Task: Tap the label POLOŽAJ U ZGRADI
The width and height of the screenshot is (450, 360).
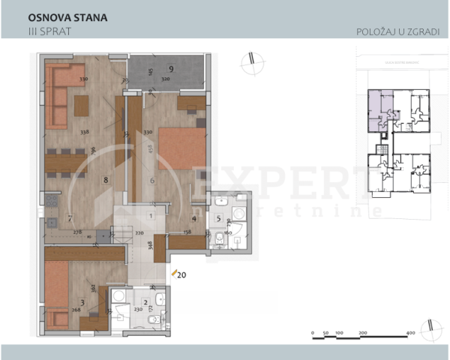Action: pos(398,32)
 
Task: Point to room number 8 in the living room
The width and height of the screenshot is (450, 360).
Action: pos(106,180)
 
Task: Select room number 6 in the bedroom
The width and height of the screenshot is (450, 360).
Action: pos(152,180)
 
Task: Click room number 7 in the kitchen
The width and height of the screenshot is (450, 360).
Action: pos(69,219)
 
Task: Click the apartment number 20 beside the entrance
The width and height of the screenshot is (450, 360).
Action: pos(182,274)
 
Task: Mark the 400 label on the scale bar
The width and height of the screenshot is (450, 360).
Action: pos(410,331)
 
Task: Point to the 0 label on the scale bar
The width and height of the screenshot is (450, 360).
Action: pos(313,331)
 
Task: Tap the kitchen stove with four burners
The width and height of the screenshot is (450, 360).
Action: pos(52,200)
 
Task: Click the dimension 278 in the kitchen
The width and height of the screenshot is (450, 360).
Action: pos(76,233)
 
